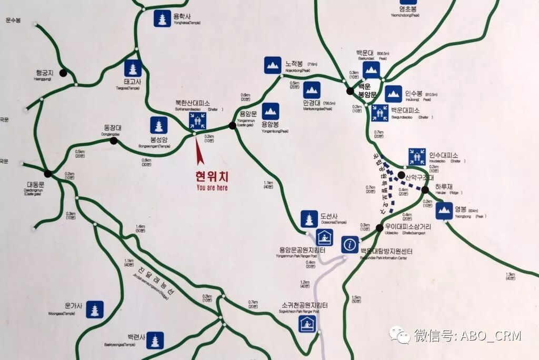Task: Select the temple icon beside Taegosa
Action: click(133, 68)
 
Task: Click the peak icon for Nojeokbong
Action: click(273, 65)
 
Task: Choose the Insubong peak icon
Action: click(393, 94)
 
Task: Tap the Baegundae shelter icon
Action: click(380, 112)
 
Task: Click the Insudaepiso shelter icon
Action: click(417, 156)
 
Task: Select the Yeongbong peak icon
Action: click(444, 211)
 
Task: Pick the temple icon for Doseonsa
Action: click(310, 219)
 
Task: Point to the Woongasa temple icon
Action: click(95, 309)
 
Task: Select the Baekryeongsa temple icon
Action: click(155, 341)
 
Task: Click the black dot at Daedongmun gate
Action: click(47, 173)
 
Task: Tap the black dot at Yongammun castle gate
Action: click(232, 125)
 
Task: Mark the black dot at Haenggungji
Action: click(63, 73)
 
